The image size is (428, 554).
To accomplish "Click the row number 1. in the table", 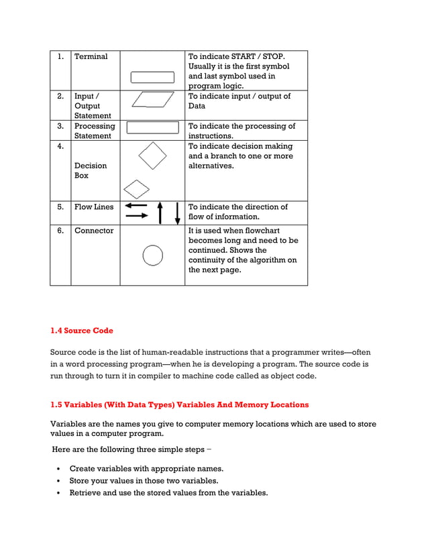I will coord(60,57).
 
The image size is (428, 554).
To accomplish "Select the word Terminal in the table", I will coord(91,57).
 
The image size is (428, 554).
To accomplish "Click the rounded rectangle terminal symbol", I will coord(152,77).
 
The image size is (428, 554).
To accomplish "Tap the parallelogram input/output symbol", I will coord(153,99).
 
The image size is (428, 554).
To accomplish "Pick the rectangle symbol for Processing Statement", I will coord(152,127).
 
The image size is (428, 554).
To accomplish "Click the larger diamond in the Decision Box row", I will coord(152,156).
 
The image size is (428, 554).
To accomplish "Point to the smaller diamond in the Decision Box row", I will coord(137,189).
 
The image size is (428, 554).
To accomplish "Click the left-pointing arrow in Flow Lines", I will coord(136,206).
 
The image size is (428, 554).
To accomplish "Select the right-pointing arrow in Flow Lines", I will coord(137,216).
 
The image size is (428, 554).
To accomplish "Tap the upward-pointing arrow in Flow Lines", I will coord(160,212).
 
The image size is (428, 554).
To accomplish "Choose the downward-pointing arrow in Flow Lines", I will coord(177,212).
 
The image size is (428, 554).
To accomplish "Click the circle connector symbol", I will coord(153,255).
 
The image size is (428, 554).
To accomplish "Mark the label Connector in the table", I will coord(94,231).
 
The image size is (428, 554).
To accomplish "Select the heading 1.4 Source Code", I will coord(82,331).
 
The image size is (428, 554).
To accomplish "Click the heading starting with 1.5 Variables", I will coord(180,404).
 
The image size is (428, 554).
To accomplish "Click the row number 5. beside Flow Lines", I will coord(60,207).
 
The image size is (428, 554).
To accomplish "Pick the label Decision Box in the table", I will coord(90,170).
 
